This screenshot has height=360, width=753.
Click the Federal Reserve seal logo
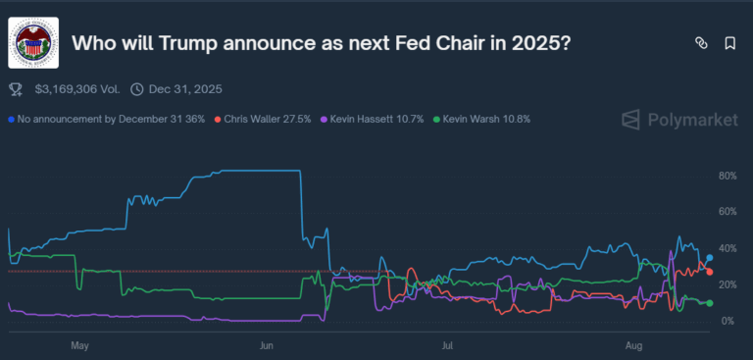click(33, 43)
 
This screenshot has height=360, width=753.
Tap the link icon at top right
click(701, 43)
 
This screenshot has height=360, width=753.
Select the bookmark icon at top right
click(730, 43)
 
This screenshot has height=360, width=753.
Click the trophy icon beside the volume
click(16, 89)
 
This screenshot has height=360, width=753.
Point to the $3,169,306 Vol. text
click(76, 89)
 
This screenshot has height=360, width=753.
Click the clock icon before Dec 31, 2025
click(136, 89)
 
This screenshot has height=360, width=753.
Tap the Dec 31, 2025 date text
click(185, 89)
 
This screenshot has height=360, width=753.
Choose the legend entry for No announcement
click(107, 119)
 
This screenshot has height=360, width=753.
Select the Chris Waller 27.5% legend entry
click(268, 119)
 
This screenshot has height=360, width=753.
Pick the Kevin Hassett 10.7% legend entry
click(377, 119)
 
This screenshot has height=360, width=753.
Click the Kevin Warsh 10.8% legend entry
click(486, 119)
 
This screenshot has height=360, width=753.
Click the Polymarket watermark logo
click(678, 120)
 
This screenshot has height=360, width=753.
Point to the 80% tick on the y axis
click(728, 176)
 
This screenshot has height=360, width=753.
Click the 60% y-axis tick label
click(728, 212)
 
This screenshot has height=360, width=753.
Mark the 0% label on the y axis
click(728, 321)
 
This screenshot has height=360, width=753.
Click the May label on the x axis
click(80, 345)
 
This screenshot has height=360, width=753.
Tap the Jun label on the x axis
click(265, 345)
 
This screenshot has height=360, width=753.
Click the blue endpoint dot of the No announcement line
click(709, 258)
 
